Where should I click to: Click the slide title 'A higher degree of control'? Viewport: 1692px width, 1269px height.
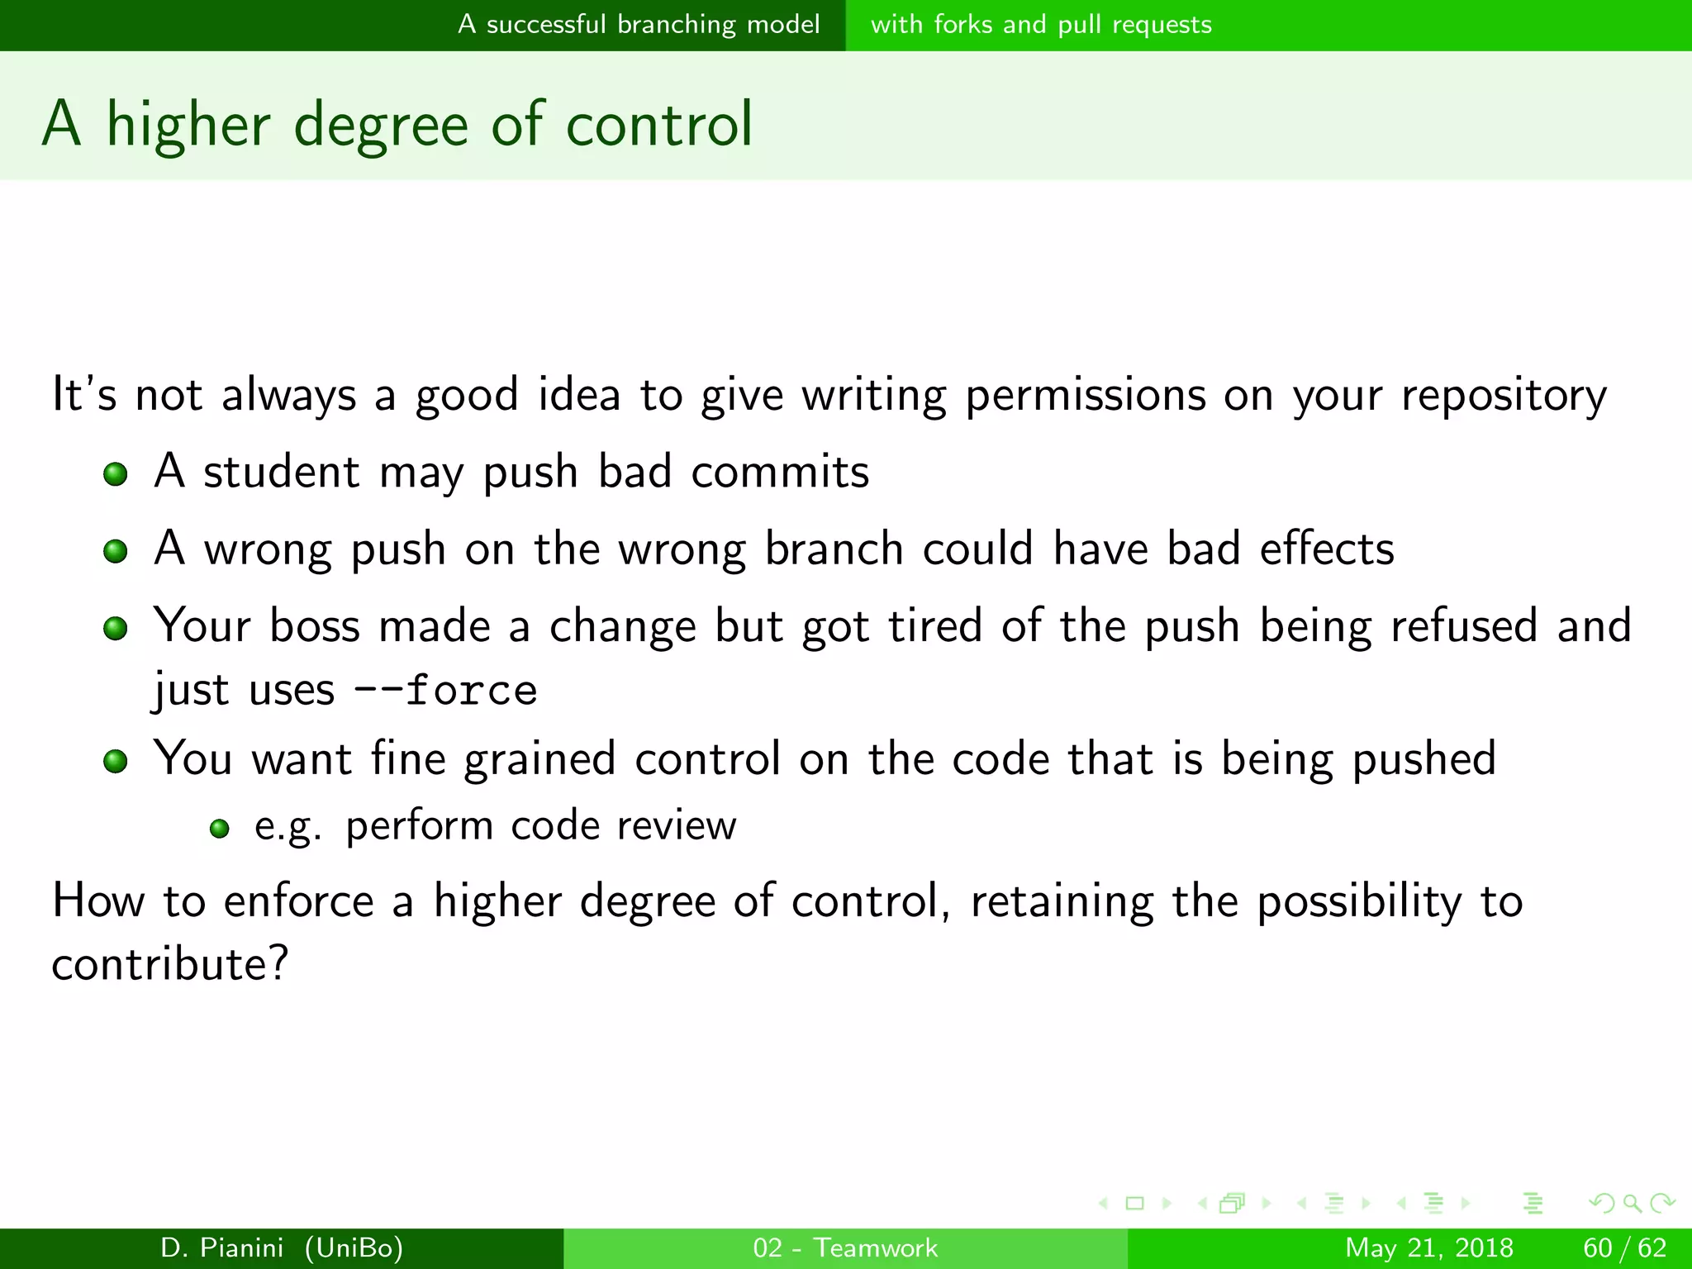pyautogui.click(x=397, y=124)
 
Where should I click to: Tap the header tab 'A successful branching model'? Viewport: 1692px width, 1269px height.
pyautogui.click(x=639, y=25)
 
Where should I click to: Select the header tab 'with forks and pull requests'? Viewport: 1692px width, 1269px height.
pyautogui.click(x=1041, y=25)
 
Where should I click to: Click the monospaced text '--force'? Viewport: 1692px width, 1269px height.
pyautogui.click(x=446, y=691)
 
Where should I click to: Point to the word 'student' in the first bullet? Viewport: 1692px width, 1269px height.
pyautogui.click(x=281, y=473)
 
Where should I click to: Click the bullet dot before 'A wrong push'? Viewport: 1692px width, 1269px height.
pyautogui.click(x=116, y=551)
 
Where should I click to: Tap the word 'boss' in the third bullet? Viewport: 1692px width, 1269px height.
pyautogui.click(x=315, y=626)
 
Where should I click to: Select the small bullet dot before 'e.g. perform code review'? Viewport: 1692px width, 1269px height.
pyautogui.click(x=219, y=829)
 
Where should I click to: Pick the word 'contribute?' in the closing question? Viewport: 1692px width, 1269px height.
pyautogui.click(x=170, y=964)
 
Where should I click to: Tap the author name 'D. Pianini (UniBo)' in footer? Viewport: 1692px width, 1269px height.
pyautogui.click(x=282, y=1248)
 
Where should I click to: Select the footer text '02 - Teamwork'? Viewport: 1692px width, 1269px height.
pyautogui.click(x=845, y=1248)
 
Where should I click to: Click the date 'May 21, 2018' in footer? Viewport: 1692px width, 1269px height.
pyautogui.click(x=1429, y=1248)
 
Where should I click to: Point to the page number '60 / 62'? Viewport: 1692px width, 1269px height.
pyautogui.click(x=1624, y=1248)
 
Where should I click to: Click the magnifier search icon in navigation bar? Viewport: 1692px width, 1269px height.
pyautogui.click(x=1632, y=1203)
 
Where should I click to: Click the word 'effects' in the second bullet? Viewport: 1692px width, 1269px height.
pyautogui.click(x=1327, y=549)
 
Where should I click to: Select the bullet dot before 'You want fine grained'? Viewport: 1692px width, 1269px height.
pyautogui.click(x=116, y=761)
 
